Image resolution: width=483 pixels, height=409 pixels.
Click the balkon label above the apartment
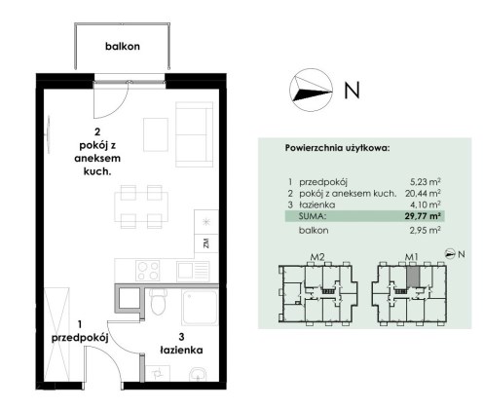(x=123, y=46)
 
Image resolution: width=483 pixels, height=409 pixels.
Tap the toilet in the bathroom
(x=158, y=302)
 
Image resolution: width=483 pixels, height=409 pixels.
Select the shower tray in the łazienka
(x=200, y=308)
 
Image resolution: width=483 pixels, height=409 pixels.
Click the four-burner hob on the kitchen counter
(x=148, y=271)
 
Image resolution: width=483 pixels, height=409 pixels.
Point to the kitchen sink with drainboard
(x=193, y=271)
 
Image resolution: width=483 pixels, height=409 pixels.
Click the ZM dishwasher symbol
(x=206, y=243)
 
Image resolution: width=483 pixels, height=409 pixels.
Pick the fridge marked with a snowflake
(x=206, y=222)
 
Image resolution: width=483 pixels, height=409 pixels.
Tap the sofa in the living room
(x=194, y=134)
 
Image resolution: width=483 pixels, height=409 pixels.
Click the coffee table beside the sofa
(x=156, y=134)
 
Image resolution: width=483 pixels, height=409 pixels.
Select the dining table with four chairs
(x=141, y=206)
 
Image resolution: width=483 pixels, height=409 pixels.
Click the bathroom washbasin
(x=198, y=374)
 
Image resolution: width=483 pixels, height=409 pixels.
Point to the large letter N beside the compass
(x=352, y=90)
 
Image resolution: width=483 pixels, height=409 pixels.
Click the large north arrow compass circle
(x=311, y=90)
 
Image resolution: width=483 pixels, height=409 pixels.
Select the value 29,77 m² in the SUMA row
(x=423, y=216)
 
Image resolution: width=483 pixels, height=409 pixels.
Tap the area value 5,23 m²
(x=426, y=182)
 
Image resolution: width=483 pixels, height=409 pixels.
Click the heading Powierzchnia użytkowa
(x=337, y=148)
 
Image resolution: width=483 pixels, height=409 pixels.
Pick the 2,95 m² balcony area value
(x=426, y=230)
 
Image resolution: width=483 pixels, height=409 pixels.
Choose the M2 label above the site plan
(x=317, y=257)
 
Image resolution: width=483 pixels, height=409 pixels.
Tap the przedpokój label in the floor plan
(x=80, y=338)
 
